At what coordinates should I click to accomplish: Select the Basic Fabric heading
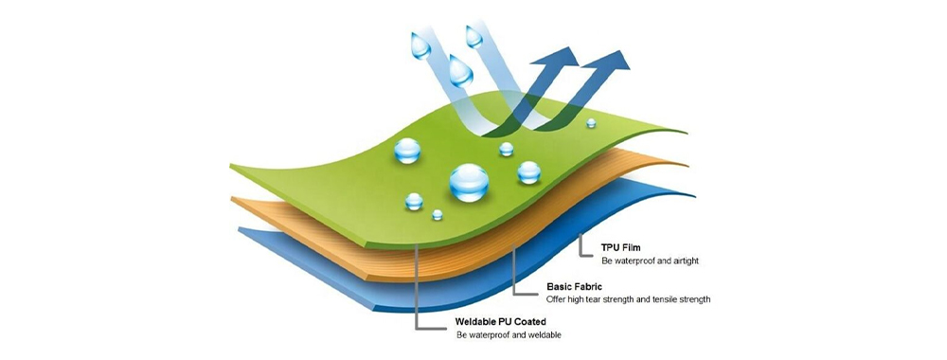click(x=577, y=285)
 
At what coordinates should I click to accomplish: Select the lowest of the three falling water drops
click(x=461, y=68)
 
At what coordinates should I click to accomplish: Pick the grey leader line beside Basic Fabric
click(x=513, y=275)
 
